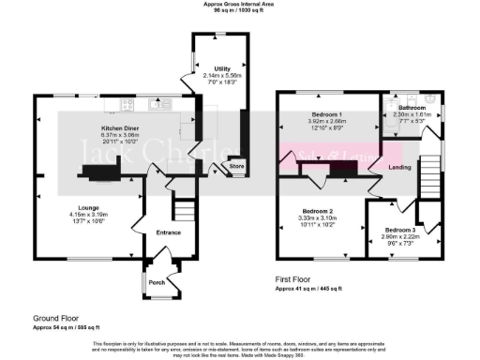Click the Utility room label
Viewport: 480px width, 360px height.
222,68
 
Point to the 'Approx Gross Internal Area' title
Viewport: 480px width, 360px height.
240,4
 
